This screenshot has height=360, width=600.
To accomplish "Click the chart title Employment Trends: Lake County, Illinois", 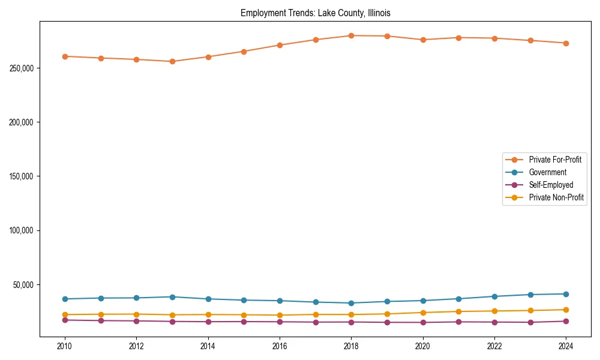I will coord(316,13).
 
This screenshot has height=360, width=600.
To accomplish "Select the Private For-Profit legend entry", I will coord(555,160).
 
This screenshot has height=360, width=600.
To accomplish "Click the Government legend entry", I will coord(547,172).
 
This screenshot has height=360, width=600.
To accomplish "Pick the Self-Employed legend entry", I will coord(551,185).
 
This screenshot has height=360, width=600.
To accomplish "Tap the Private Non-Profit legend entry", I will coord(556,197).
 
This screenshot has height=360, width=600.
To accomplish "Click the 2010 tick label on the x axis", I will coord(65,346).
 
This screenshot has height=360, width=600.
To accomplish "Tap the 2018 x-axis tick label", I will coord(351,346).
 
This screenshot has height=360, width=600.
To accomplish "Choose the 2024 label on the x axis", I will coord(566,346).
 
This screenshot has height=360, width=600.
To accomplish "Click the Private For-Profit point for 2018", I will coord(351,35).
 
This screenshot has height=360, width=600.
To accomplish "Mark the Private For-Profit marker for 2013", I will coord(172,61).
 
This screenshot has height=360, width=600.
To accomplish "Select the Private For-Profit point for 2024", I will coord(566,43).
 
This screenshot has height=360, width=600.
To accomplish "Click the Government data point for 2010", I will coord(65,299).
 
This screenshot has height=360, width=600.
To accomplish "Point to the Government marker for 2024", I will coord(566,294).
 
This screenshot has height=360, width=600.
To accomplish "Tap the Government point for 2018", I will coord(351,303).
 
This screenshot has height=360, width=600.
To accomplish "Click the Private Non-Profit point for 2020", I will coord(423,313).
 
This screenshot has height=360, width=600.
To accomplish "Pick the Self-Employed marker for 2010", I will coord(65,320).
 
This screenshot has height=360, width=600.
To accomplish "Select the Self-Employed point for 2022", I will coord(494,322).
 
